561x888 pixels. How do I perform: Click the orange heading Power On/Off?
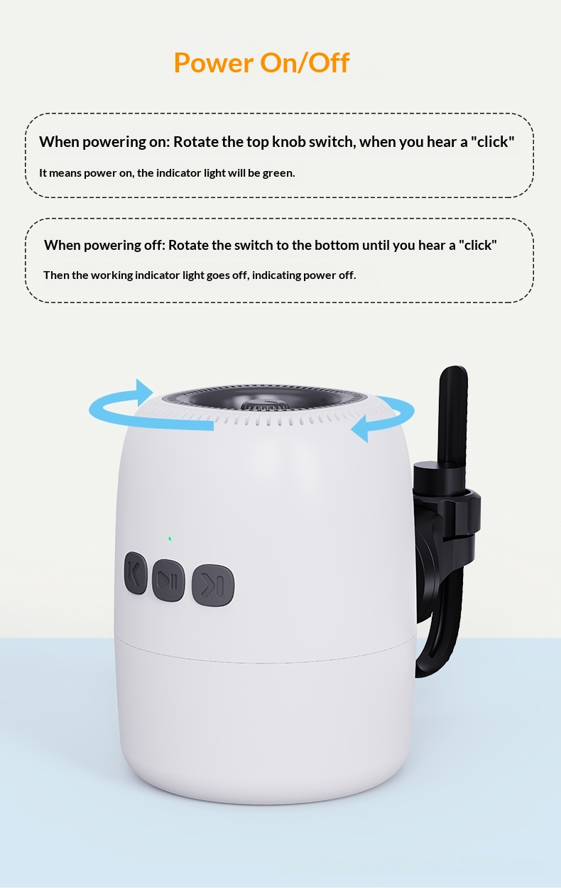(261, 62)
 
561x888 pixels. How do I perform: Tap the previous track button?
(135, 572)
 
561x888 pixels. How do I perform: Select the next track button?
(213, 585)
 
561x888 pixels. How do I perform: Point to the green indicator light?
(170, 539)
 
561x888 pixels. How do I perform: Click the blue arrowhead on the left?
(143, 392)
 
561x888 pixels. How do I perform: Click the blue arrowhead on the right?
(359, 429)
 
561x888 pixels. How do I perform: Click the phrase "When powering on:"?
(104, 142)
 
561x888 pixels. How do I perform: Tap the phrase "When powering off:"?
(104, 246)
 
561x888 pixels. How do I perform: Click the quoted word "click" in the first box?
(492, 141)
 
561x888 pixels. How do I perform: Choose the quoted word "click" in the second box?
(478, 245)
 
